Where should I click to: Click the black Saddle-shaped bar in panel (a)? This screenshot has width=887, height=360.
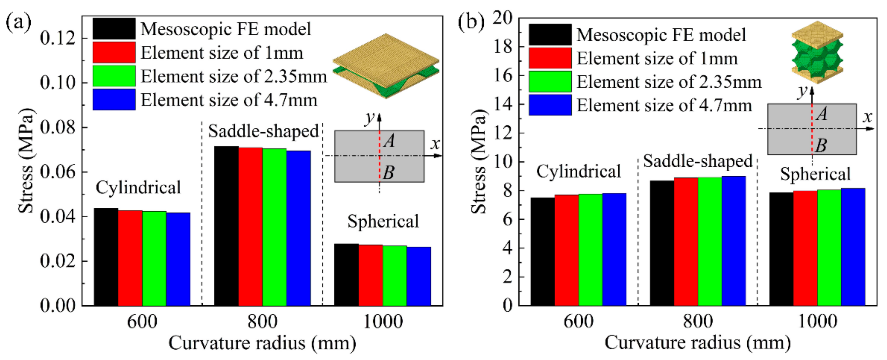(x=226, y=226)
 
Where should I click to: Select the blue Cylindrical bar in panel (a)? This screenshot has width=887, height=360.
(x=178, y=259)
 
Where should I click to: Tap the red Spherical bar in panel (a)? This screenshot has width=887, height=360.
(x=371, y=275)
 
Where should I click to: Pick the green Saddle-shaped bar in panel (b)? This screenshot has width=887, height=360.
(x=710, y=241)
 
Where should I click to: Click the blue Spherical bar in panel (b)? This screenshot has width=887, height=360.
(x=853, y=247)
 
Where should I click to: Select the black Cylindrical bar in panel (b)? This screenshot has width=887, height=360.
(x=542, y=251)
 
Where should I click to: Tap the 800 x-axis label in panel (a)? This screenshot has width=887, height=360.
(x=262, y=322)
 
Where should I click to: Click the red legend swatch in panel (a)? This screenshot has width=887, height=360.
(x=114, y=52)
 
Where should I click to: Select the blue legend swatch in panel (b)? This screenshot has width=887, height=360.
(x=550, y=105)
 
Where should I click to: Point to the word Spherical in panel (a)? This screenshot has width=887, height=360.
(x=383, y=221)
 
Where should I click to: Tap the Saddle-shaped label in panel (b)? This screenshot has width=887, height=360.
(x=698, y=161)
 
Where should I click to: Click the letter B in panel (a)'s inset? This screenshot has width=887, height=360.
(x=388, y=172)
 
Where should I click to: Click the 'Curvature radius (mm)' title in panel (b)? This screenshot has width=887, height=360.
(x=698, y=343)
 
